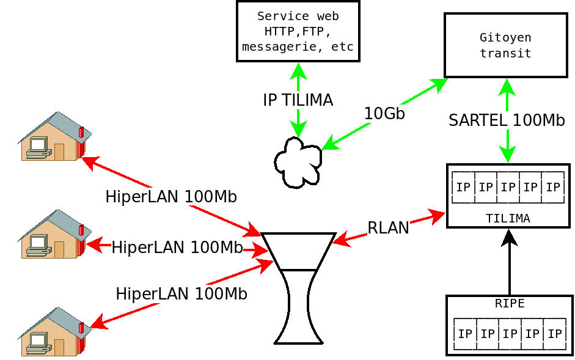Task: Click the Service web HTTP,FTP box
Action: [x=298, y=31]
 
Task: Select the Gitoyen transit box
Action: [x=505, y=46]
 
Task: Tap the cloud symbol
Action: [x=298, y=162]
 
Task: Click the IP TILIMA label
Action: [x=298, y=100]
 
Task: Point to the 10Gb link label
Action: [x=384, y=114]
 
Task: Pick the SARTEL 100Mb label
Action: [x=507, y=120]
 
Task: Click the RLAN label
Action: [x=388, y=228]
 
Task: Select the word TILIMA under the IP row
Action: [x=508, y=218]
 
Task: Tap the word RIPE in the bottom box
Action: [x=510, y=304]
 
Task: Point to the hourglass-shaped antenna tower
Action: [x=299, y=287]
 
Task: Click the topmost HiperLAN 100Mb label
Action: [x=171, y=197]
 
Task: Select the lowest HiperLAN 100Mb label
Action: [x=181, y=294]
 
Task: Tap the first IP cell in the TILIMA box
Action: [x=464, y=187]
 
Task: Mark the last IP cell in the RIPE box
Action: [x=554, y=334]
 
